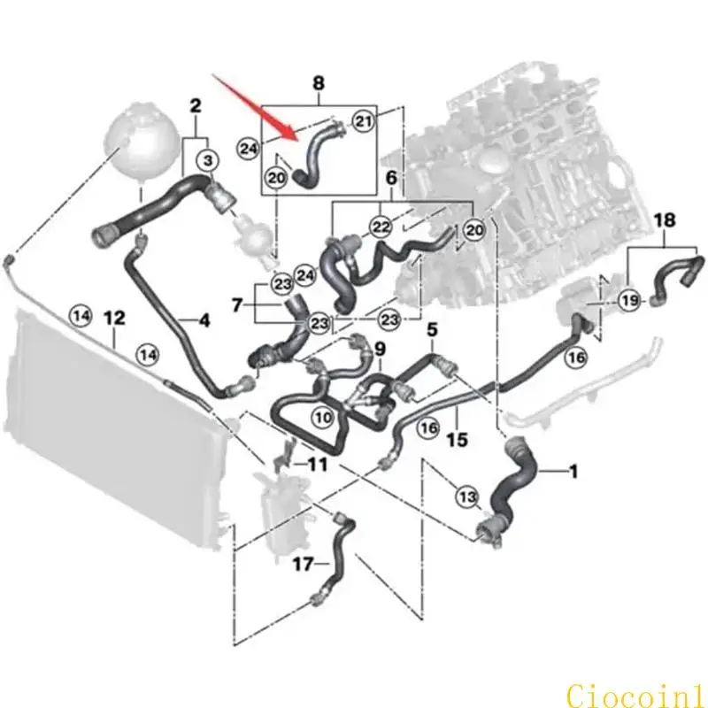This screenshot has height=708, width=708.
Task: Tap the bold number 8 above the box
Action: click(x=319, y=83)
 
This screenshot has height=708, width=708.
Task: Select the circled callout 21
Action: click(x=363, y=120)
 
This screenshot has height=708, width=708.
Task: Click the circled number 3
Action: click(x=208, y=160)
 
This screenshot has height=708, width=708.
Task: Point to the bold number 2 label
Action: click(x=195, y=106)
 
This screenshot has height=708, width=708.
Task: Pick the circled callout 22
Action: click(x=381, y=227)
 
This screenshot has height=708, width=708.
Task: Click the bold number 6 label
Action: click(x=391, y=178)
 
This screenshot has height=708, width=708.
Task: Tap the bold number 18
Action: click(x=665, y=220)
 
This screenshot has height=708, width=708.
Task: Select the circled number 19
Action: click(x=630, y=300)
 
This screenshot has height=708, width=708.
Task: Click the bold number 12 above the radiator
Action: click(x=114, y=319)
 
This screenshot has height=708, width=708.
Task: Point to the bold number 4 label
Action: click(x=204, y=321)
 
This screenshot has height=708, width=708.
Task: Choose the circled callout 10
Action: click(x=323, y=417)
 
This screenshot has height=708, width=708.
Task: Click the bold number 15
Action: click(x=457, y=439)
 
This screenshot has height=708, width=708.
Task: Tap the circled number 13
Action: click(x=467, y=497)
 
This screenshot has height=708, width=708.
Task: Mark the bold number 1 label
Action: click(x=573, y=472)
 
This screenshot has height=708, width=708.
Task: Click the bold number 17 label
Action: click(x=303, y=564)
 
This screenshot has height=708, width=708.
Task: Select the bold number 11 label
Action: click(x=317, y=465)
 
